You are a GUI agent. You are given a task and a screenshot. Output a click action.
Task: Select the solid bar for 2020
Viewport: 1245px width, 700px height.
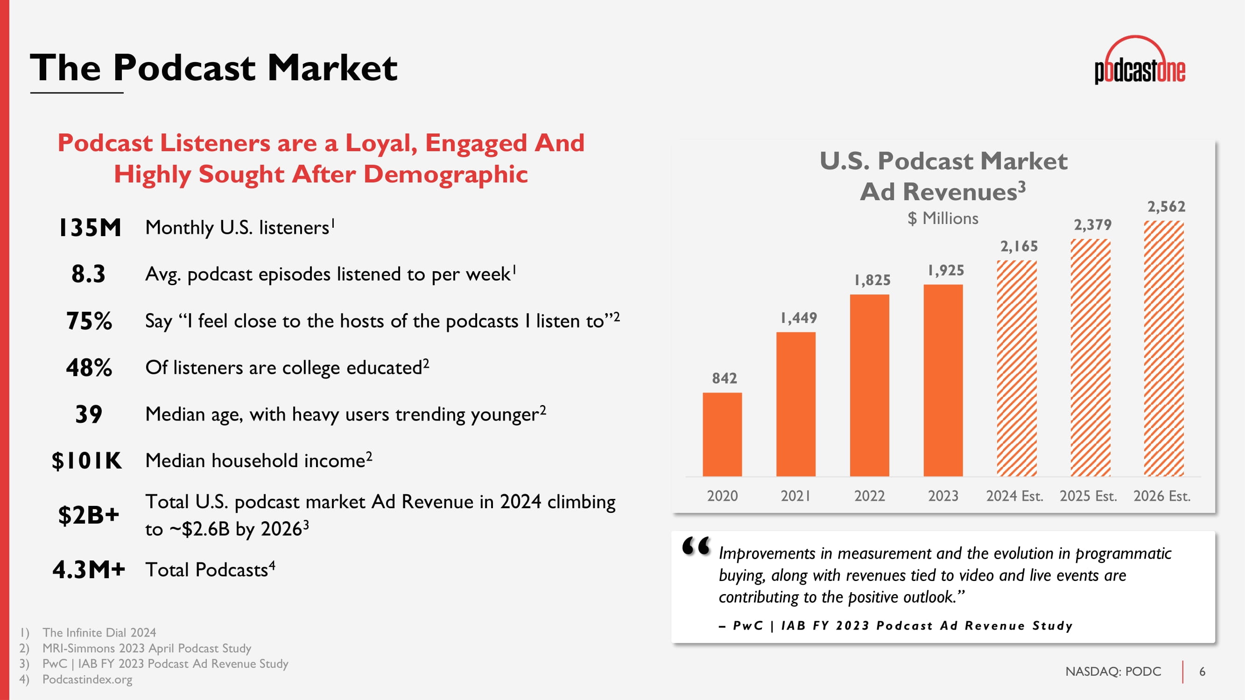pyautogui.click(x=722, y=434)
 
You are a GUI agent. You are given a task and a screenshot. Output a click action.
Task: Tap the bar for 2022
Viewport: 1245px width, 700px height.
pyautogui.click(x=870, y=385)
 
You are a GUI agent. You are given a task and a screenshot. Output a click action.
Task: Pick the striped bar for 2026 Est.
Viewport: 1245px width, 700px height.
pyautogui.click(x=1164, y=348)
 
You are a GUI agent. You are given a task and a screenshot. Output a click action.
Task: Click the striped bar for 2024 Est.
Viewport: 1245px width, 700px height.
pyautogui.click(x=1017, y=368)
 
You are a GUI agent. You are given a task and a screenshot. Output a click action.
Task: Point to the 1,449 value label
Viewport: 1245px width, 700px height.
pyautogui.click(x=798, y=318)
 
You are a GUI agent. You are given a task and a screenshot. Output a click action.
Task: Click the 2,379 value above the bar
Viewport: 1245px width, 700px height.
pyautogui.click(x=1093, y=224)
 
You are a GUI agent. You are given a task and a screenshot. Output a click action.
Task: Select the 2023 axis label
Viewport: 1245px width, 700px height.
pyautogui.click(x=943, y=496)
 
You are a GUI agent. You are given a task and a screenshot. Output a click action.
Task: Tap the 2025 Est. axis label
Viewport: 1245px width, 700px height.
pyautogui.click(x=1089, y=496)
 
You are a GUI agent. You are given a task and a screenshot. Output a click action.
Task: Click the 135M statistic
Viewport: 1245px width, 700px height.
pyautogui.click(x=90, y=228)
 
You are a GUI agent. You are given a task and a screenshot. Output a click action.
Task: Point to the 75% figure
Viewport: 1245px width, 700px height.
pyautogui.click(x=89, y=321)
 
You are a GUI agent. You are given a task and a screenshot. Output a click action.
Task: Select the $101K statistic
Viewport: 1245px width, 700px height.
pyautogui.click(x=87, y=461)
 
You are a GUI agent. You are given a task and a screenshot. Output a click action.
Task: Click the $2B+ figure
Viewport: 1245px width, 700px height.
pyautogui.click(x=89, y=515)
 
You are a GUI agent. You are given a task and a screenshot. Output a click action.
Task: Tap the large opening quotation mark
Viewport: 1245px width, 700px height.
pyautogui.click(x=696, y=546)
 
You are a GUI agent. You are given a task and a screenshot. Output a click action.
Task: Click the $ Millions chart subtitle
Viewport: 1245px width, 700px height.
pyautogui.click(x=943, y=218)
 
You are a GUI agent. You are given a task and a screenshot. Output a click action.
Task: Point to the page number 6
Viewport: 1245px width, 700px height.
pyautogui.click(x=1202, y=672)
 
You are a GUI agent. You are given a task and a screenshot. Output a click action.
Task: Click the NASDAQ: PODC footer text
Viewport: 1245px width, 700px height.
pyautogui.click(x=1113, y=672)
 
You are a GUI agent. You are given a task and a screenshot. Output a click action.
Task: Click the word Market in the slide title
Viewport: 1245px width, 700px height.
pyautogui.click(x=332, y=67)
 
